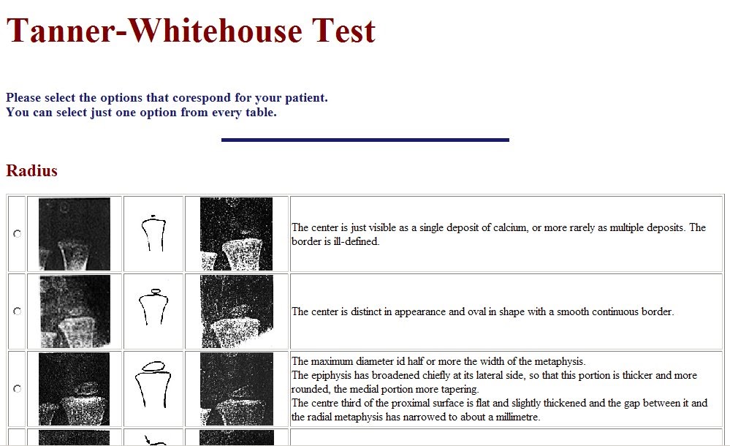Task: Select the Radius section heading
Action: pos(31,171)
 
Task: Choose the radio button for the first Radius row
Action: pos(17,233)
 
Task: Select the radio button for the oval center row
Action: pos(17,311)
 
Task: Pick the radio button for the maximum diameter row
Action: pos(17,388)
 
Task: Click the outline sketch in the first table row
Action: pos(153,233)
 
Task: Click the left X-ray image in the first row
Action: pos(74,234)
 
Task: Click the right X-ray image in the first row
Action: pos(237,234)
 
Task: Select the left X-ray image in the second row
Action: pos(75,311)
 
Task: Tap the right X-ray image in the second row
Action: pos(237,311)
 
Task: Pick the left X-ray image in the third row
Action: pos(74,388)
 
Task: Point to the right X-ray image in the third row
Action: pos(237,388)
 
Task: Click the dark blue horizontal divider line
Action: pos(365,140)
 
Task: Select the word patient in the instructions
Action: pos(306,97)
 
